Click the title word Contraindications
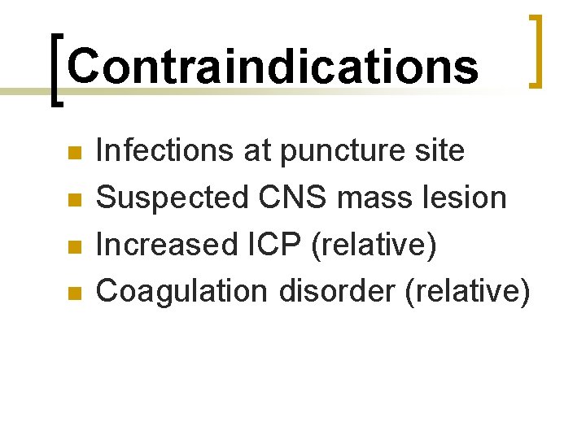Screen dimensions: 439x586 coord(273,66)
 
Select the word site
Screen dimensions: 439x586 coord(440,150)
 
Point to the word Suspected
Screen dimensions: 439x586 coord(170,198)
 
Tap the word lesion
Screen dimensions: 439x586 coord(470,197)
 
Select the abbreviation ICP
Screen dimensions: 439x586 coord(265,244)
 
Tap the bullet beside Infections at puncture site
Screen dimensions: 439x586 coord(75,152)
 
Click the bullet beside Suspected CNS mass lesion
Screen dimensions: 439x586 coord(75,198)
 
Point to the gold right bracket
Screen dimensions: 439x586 coord(535,50)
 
